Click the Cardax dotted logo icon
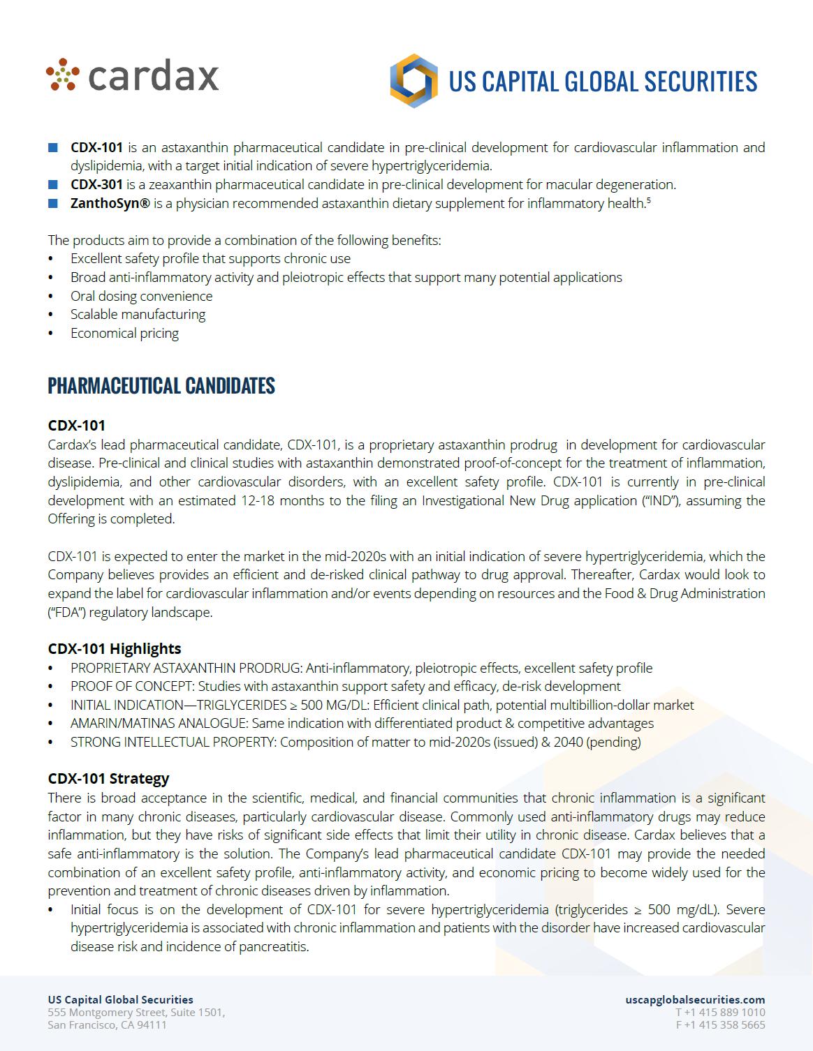64,75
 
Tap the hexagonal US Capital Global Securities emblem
413,81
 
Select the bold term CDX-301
96,185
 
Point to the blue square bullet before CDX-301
52,185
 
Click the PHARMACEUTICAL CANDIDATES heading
161,386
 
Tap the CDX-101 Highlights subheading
115,648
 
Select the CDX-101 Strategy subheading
108,778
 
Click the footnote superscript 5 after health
649,201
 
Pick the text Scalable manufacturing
138,315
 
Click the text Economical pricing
124,334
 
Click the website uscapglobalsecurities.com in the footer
695,1000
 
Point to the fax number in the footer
720,1025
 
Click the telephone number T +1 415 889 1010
720,1013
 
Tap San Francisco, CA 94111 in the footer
107,1025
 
